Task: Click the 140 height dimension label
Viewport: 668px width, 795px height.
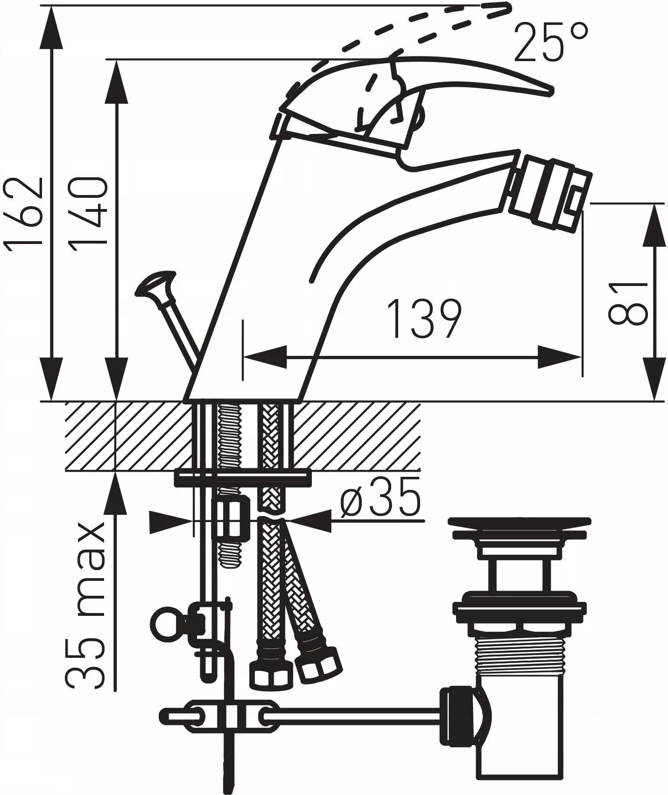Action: [89, 213]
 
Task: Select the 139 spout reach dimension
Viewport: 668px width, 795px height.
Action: [425, 319]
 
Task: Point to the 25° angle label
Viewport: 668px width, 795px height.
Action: [551, 43]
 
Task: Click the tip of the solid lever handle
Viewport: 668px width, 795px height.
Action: [554, 91]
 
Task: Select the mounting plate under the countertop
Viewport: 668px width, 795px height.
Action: [242, 479]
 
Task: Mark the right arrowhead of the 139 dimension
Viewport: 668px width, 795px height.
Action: [560, 357]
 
